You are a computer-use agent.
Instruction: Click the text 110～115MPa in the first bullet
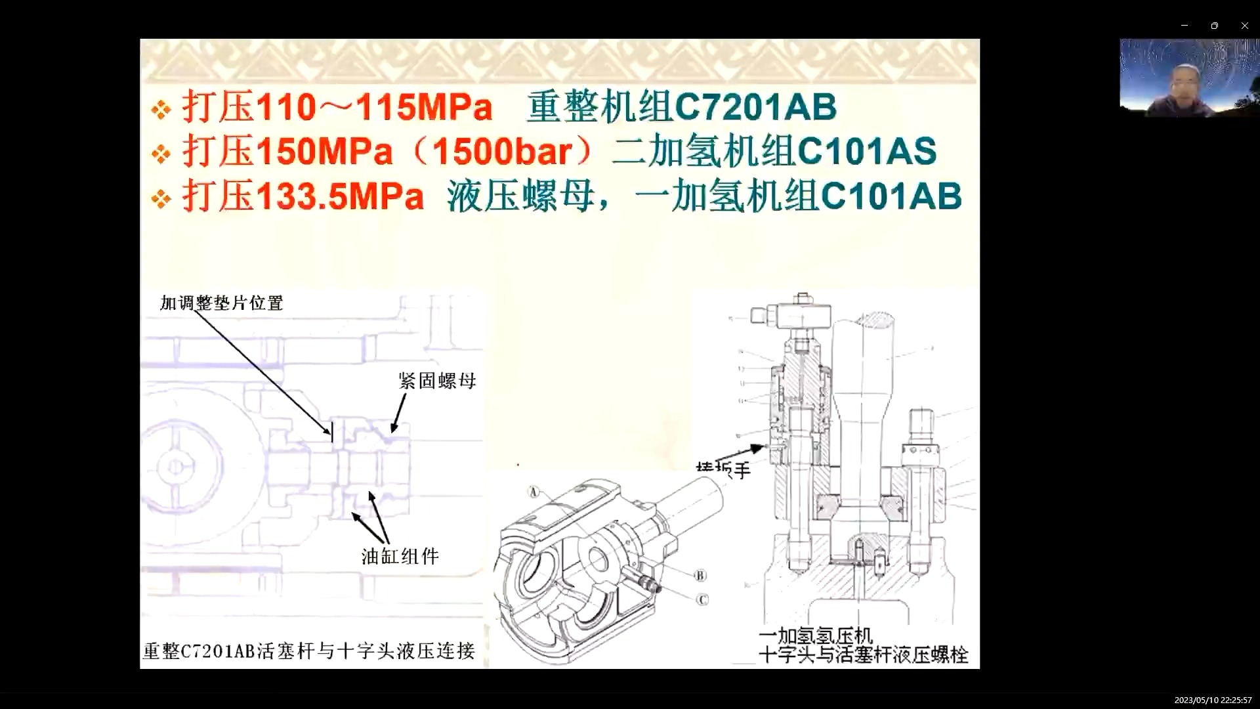[x=373, y=107]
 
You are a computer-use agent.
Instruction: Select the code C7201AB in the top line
[x=755, y=107]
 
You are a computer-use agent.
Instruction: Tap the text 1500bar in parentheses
[x=502, y=152]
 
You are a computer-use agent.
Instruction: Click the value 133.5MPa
[x=340, y=196]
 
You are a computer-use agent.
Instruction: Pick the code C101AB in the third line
[x=891, y=196]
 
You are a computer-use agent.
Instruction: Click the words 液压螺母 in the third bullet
[x=521, y=196]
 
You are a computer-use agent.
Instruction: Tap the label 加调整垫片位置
[x=222, y=303]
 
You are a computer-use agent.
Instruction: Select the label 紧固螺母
[x=437, y=381]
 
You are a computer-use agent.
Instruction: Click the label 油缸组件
[x=400, y=557]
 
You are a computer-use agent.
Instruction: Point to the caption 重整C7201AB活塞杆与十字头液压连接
[x=309, y=651]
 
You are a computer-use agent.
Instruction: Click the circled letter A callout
[x=534, y=492]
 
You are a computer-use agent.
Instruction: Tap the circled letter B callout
[x=700, y=576]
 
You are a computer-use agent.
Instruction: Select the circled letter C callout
[x=702, y=600]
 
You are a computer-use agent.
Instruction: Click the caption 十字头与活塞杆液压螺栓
[x=863, y=655]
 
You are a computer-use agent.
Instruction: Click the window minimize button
[x=1185, y=26]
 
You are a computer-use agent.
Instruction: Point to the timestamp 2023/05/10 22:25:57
[x=1213, y=700]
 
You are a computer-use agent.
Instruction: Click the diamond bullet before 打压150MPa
[x=161, y=154]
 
